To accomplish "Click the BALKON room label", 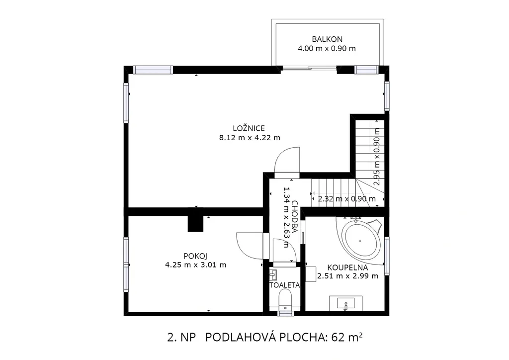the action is pos(327,39).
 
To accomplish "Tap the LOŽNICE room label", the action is pos(249,128).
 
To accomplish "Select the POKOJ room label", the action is pos(195,256).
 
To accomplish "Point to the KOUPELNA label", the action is pos(347,268).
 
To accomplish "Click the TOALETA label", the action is pos(285,285).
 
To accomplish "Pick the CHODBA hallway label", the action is pos(294,217).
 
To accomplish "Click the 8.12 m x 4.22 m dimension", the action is pos(250,138).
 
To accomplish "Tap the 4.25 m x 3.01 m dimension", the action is pos(195,265).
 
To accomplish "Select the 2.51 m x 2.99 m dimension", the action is pos(347,276).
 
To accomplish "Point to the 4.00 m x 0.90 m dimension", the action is pos(327,49).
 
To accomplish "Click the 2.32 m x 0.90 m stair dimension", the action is pos(346,199).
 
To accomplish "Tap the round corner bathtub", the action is pos(362,240).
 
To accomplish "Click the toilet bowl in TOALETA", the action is pos(285,299).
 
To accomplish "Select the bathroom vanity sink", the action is pos(346,303).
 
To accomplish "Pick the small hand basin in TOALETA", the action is pos(273,275).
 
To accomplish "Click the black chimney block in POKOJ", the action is pos(195,224).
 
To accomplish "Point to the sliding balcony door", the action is pos(309,68).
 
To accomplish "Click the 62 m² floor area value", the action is pos(346,338).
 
